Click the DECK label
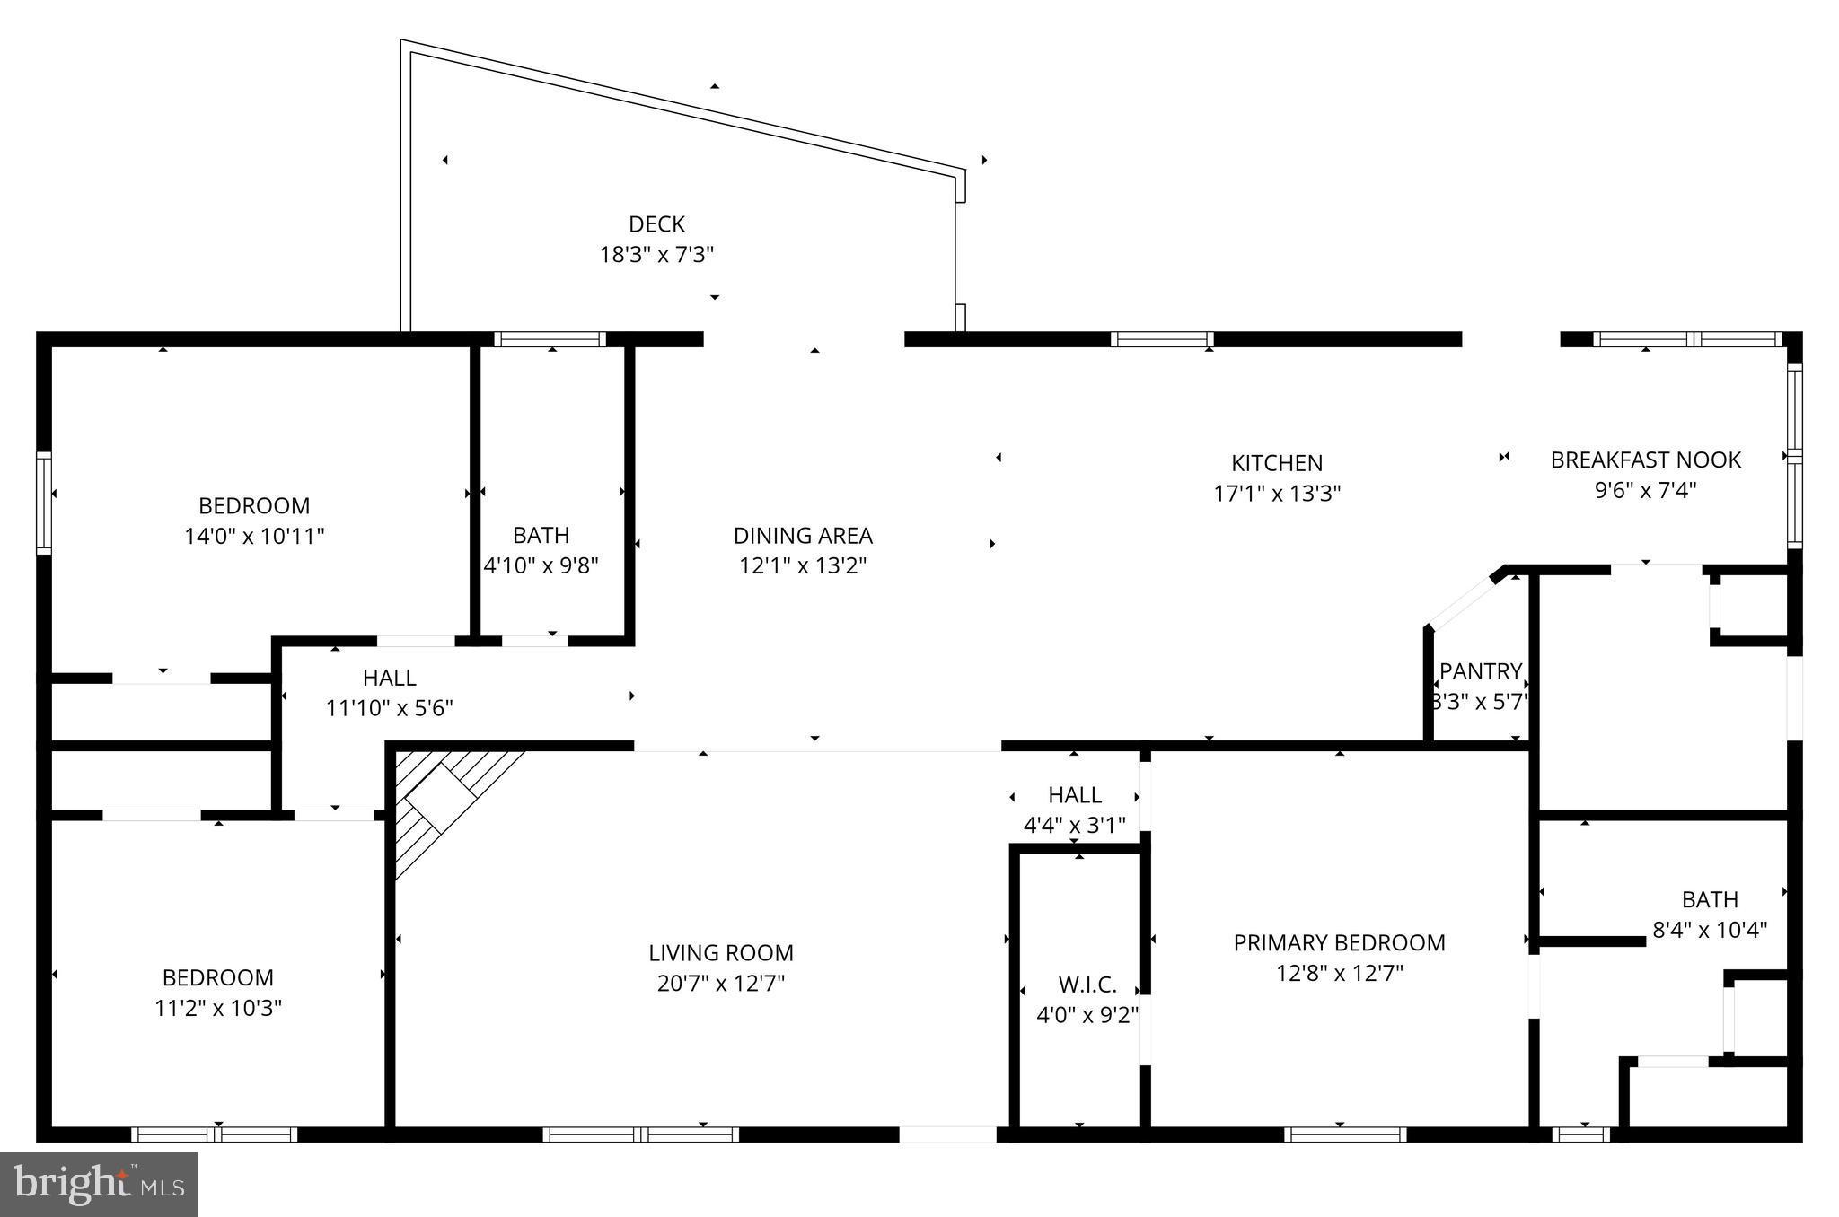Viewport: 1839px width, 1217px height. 656,224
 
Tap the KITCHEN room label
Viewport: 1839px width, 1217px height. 1276,463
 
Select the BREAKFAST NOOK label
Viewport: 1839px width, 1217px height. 1645,460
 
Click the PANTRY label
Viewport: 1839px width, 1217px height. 1480,671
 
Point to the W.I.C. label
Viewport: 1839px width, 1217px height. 1087,985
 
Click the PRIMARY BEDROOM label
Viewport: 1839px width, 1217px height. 1339,942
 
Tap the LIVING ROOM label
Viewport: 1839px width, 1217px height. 720,952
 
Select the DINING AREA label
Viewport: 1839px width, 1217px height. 803,536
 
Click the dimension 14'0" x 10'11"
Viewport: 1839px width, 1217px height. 254,537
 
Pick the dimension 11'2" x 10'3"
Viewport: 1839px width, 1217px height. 218,1008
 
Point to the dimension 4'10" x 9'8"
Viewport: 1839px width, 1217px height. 541,565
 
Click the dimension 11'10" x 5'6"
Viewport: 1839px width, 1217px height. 389,708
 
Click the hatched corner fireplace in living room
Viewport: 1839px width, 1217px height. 441,799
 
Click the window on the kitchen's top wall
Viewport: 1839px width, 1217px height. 1162,339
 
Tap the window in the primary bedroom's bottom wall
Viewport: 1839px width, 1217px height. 1344,1134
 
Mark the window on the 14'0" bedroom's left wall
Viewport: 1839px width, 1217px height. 43,503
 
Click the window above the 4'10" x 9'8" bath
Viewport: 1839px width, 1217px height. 550,339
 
